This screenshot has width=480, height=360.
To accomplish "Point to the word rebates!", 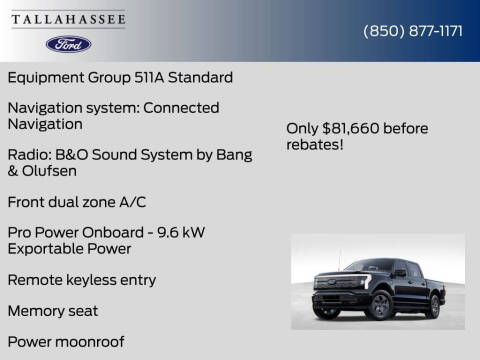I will pyautogui.click(x=315, y=146).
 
